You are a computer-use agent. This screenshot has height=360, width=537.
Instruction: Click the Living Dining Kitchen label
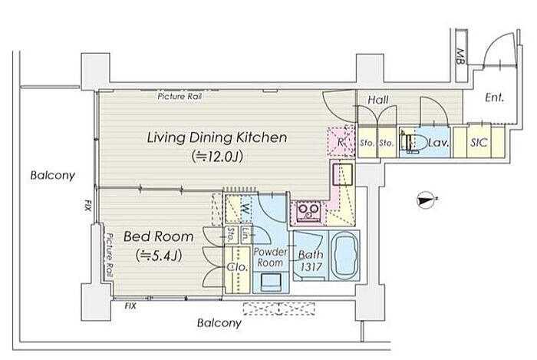coord(217,137)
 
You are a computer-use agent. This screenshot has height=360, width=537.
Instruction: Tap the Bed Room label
coord(158,236)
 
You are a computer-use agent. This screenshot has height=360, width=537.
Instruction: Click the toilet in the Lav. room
coord(415,142)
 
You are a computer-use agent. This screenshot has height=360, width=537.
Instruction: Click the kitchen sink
coord(342,174)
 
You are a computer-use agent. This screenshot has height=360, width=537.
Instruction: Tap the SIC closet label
coord(479,143)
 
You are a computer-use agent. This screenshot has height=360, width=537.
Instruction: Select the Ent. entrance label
coord(495,98)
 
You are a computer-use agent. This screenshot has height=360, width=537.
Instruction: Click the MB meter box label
coord(460,57)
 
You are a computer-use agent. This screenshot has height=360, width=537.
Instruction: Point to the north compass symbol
coord(426,200)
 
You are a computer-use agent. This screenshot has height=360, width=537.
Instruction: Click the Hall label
coord(377,100)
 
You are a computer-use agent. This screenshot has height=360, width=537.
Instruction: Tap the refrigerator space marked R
coord(340,142)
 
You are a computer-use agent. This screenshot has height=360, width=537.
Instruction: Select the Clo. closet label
coord(237,267)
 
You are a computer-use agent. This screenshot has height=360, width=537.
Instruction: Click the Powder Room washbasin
coord(270,282)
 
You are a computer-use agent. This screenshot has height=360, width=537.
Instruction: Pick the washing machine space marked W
coord(246,208)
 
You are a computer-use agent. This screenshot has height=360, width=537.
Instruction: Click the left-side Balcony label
coord(52,175)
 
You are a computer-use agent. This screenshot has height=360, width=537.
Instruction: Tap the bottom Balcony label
coord(219,323)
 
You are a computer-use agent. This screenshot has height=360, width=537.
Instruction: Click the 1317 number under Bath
coord(311,267)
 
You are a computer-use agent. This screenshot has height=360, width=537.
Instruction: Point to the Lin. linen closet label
coord(245,235)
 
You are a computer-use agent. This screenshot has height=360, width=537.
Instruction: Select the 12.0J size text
coord(217,157)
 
